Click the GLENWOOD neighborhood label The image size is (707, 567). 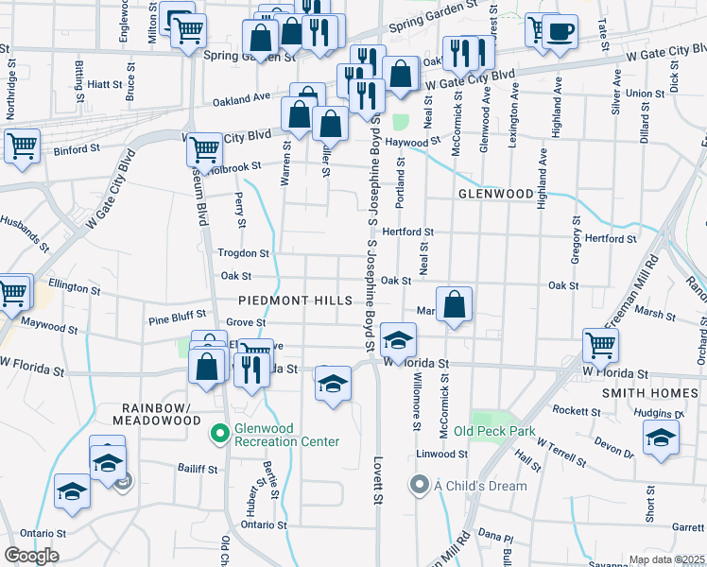pyautogui.click(x=496, y=193)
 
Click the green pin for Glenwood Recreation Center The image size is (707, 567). pyautogui.click(x=219, y=435)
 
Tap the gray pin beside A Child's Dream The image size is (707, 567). pyautogui.click(x=420, y=486)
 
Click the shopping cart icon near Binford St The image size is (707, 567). pyautogui.click(x=21, y=146)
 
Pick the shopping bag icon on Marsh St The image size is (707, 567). pyautogui.click(x=455, y=305)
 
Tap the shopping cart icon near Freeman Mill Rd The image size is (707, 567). pyautogui.click(x=600, y=346)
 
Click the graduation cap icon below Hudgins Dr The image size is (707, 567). pyautogui.click(x=661, y=438)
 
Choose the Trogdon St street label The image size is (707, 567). pyautogui.click(x=244, y=253)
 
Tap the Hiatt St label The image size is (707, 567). pyautogui.click(x=99, y=84)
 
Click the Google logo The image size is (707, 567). pyautogui.click(x=31, y=556)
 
